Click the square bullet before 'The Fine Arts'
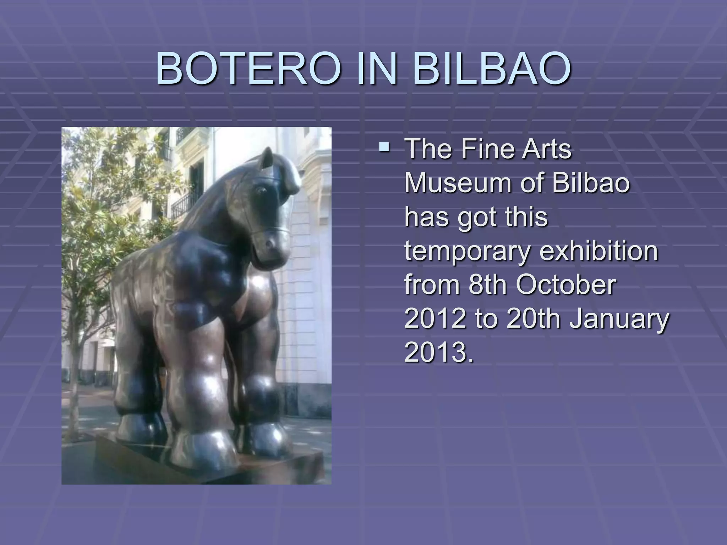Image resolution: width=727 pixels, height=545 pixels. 383,146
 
